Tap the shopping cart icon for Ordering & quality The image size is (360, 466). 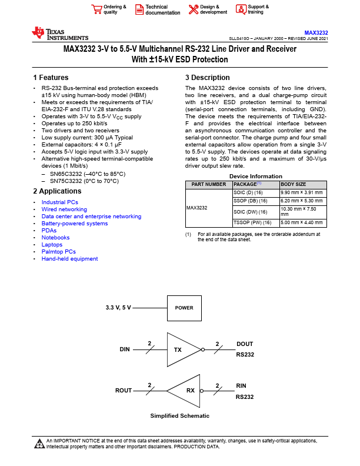(x=96, y=9)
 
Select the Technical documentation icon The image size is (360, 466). (x=139, y=9)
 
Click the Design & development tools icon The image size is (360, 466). (x=193, y=9)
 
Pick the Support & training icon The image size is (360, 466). (x=241, y=9)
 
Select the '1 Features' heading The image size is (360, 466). (x=51, y=78)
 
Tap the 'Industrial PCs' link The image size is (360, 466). (x=59, y=202)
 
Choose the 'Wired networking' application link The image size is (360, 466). (x=64, y=209)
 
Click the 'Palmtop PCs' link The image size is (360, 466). (x=58, y=252)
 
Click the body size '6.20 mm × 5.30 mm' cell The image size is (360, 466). (x=302, y=201)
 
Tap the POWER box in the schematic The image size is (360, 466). (x=184, y=308)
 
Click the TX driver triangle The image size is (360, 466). (x=181, y=349)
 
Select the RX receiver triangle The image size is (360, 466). (x=186, y=391)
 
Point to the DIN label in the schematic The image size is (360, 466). (x=125, y=349)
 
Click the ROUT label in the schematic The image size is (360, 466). (x=124, y=391)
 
